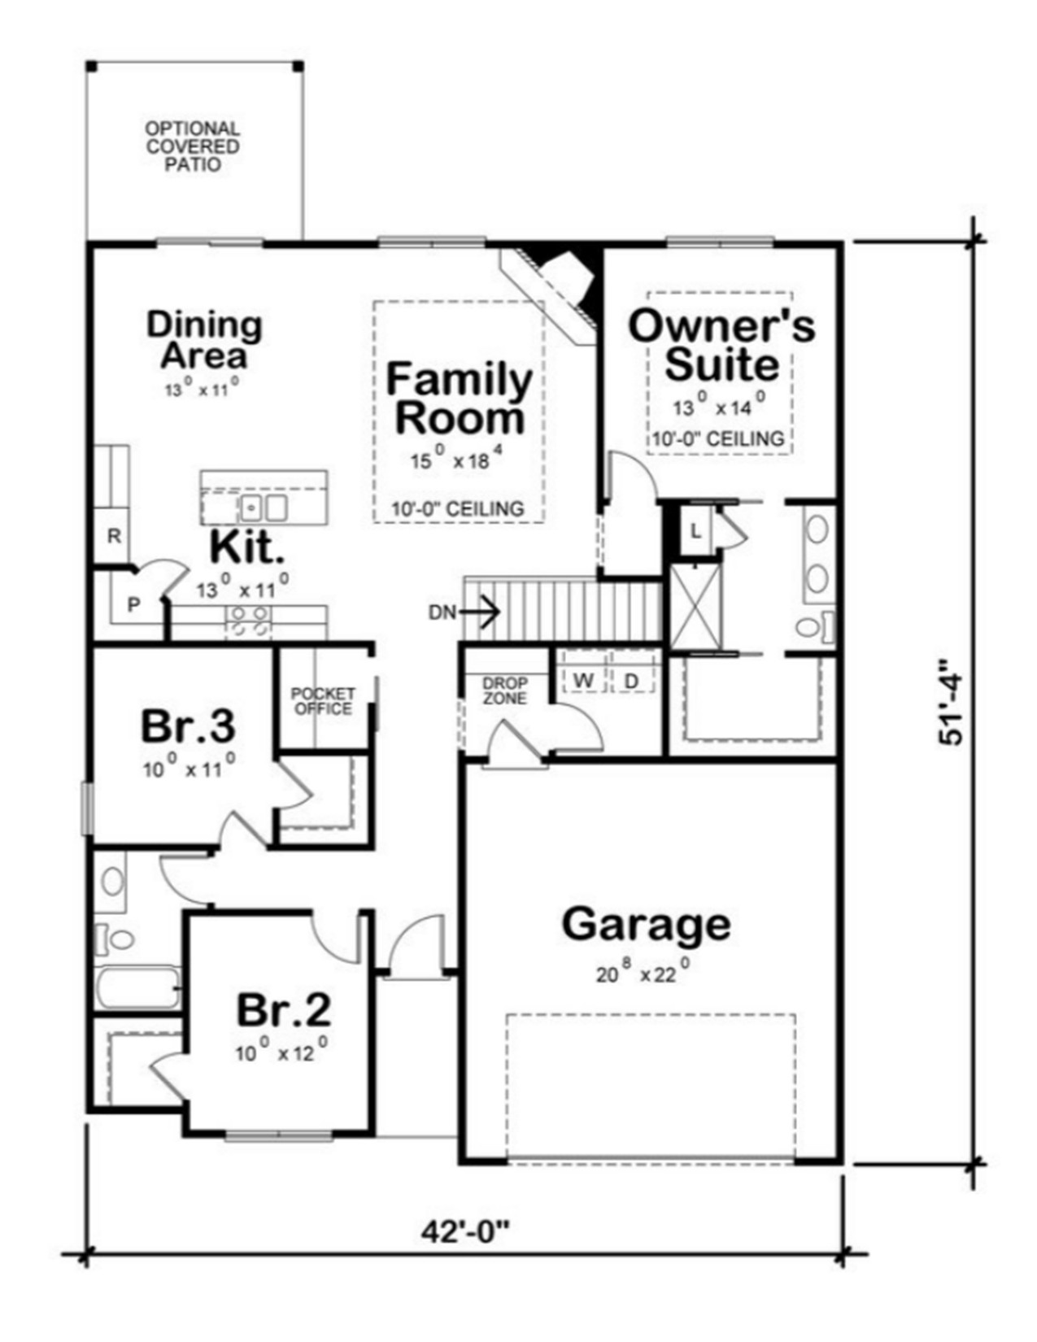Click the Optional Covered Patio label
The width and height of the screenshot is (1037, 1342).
click(x=193, y=147)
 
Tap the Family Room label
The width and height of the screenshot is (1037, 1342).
click(x=460, y=399)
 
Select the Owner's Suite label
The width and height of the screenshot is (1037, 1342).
click(x=721, y=345)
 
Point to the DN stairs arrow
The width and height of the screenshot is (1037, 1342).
click(x=480, y=612)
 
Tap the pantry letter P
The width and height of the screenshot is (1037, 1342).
click(x=133, y=605)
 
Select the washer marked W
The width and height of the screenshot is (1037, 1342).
click(x=583, y=680)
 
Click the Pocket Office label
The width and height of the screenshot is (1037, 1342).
click(x=323, y=701)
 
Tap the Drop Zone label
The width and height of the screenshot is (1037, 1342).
click(x=505, y=691)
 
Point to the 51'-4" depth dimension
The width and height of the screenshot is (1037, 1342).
click(x=950, y=703)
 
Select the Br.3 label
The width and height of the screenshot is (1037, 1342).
click(x=189, y=725)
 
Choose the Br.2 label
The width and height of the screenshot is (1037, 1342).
click(x=284, y=1009)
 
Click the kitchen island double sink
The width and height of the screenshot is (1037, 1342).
click(x=264, y=508)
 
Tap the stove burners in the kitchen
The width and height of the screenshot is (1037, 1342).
click(x=250, y=622)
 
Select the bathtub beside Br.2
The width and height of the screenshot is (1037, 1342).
click(x=137, y=987)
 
